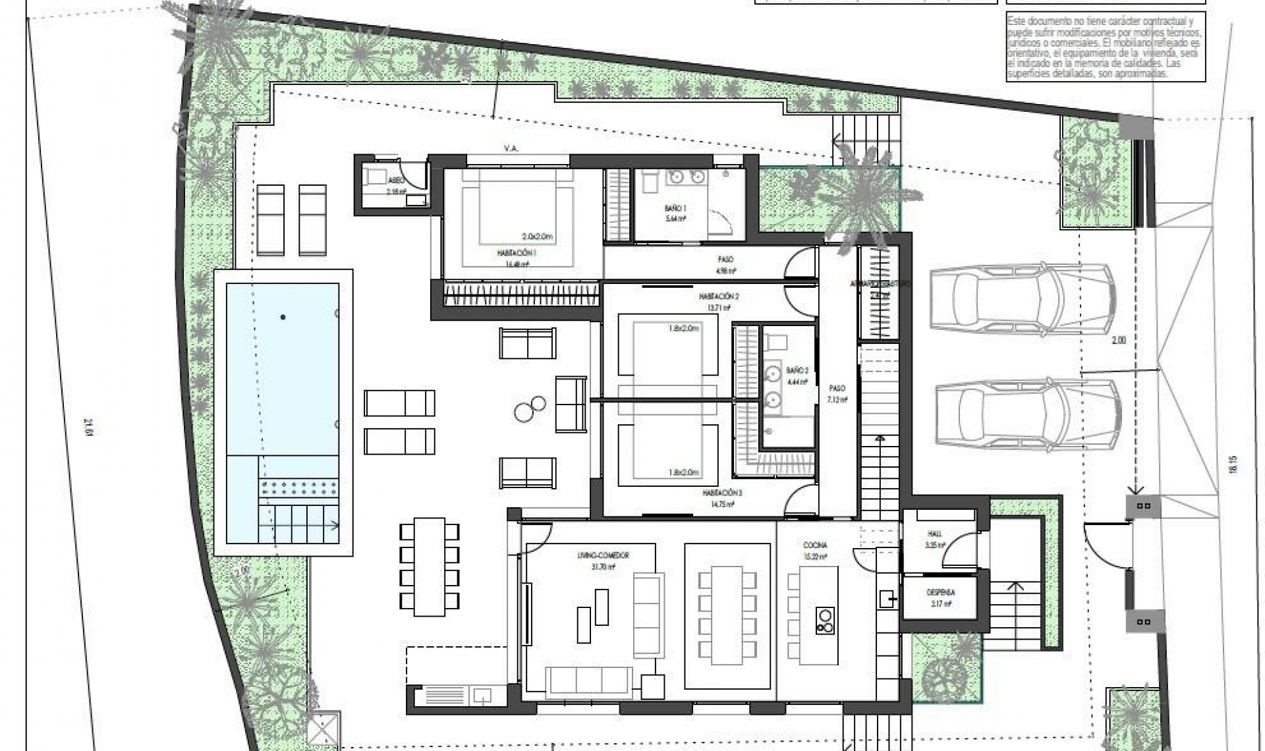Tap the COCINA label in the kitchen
815,545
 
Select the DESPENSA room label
940,593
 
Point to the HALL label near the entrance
935,534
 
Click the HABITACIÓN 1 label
517,252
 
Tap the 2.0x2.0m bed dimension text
537,236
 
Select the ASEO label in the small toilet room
395,180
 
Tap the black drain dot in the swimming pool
283,318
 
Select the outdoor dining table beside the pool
428,567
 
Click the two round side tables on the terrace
530,408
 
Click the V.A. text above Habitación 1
511,149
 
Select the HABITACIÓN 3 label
721,493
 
